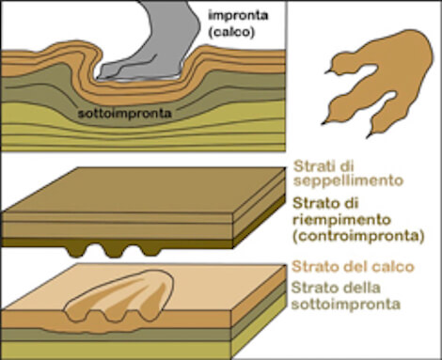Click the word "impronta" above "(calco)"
(x=238, y=15)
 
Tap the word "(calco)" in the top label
(x=231, y=32)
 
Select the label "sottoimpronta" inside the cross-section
(x=125, y=113)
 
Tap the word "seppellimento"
(x=348, y=180)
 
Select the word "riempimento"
(x=342, y=220)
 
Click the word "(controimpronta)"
(x=358, y=236)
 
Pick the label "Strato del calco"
(x=353, y=267)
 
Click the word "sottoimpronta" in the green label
(x=346, y=304)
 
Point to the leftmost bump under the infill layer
(x=77, y=251)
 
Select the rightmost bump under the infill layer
(x=149, y=250)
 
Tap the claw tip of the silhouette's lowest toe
(x=367, y=137)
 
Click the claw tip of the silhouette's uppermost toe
(x=325, y=72)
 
